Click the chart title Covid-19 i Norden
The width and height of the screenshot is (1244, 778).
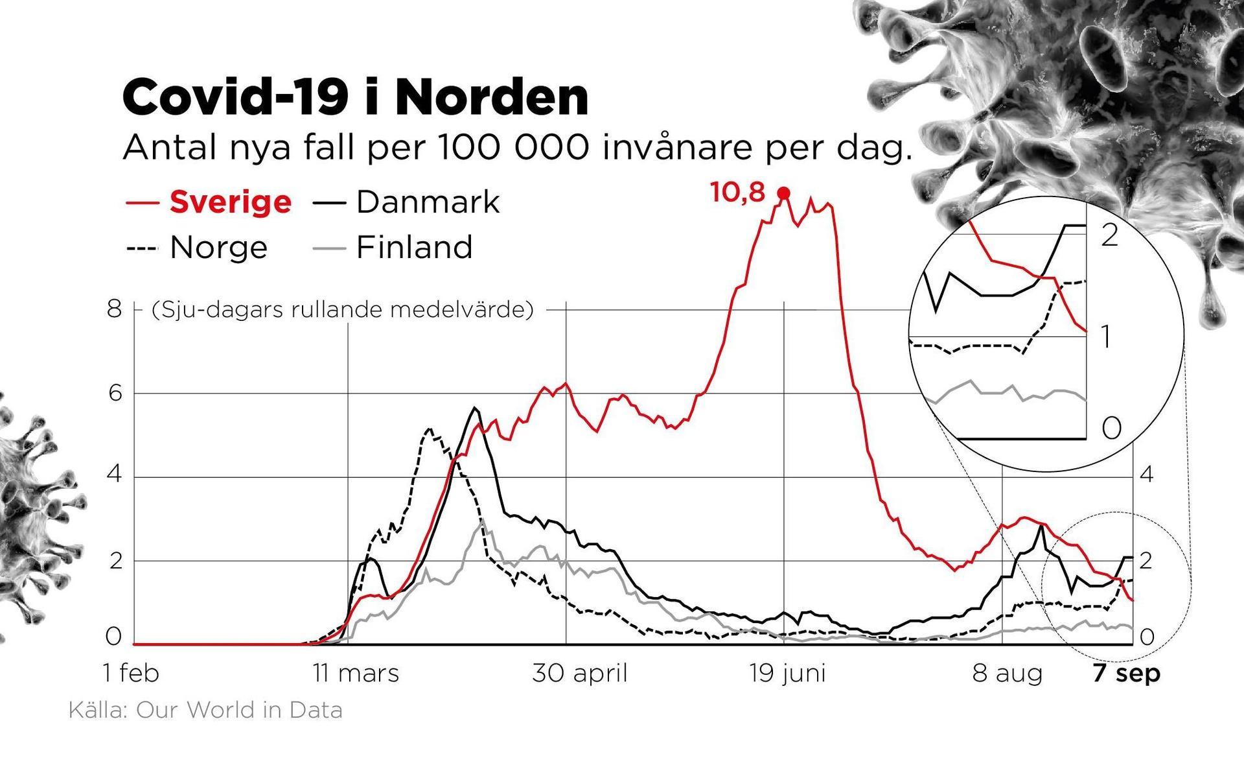[355, 97]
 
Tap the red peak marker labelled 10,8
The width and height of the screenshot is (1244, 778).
[784, 193]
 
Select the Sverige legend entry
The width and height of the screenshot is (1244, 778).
[230, 202]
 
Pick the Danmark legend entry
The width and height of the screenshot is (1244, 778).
[428, 202]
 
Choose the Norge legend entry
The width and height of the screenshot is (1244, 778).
[218, 247]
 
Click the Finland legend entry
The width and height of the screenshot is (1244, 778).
[414, 247]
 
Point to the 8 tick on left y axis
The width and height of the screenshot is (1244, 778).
[115, 309]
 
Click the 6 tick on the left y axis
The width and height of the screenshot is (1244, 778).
[115, 394]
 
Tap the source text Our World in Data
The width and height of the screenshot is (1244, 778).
[238, 711]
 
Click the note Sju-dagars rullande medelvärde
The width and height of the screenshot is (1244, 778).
[343, 310]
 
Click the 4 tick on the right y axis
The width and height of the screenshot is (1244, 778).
[1146, 475]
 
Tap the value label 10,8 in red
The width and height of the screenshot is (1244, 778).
[738, 193]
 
